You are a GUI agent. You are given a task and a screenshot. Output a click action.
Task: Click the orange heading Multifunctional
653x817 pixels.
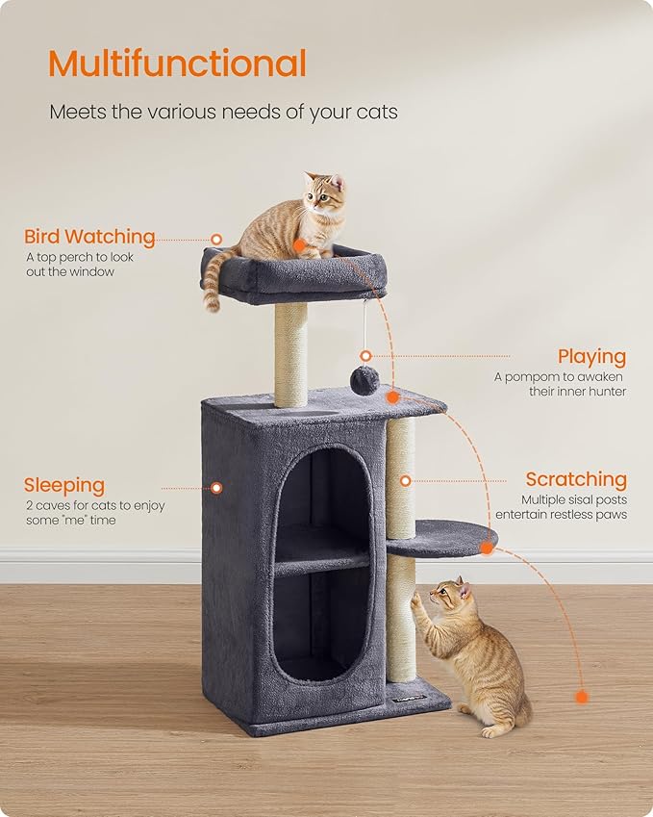coord(177,64)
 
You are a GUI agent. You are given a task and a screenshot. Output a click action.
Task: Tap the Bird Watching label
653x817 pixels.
coord(89,237)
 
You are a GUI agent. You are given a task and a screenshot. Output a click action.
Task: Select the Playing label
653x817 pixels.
coord(591,357)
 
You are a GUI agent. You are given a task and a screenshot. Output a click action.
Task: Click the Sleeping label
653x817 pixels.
coord(64,485)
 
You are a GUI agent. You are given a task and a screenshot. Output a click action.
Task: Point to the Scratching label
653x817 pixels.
coord(575,479)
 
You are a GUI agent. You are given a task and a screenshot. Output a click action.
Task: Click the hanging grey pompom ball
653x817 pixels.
coord(364,380)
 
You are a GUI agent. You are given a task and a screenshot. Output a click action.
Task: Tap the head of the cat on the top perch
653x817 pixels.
coord(325,195)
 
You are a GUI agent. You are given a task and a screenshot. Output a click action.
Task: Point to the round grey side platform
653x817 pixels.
coord(442,537)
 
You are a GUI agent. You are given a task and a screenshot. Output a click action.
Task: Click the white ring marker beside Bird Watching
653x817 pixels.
coord(217,239)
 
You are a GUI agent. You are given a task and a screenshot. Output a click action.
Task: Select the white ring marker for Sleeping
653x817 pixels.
coord(216,488)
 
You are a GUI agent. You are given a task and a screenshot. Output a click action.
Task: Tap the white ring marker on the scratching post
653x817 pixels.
coord(406,479)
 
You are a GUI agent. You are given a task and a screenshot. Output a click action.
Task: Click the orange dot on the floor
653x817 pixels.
coord(580,696)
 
